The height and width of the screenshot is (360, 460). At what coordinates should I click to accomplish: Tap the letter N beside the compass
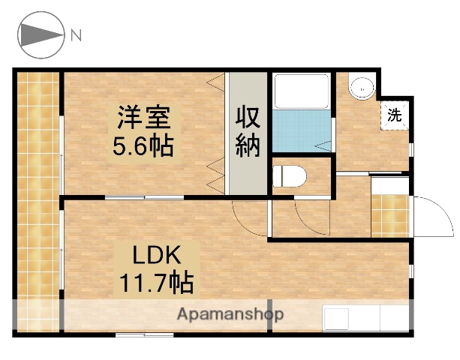coord(76,34)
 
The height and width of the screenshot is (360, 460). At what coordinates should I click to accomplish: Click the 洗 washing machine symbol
coord(395,115)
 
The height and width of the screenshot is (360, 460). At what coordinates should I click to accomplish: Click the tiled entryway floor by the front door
coord(390,216)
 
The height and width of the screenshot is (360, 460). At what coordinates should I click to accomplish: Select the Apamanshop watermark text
coord(230,315)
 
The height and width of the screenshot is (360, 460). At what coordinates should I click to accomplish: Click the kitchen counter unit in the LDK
coord(366,318)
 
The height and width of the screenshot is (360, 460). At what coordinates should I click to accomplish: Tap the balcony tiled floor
coord(37,202)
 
